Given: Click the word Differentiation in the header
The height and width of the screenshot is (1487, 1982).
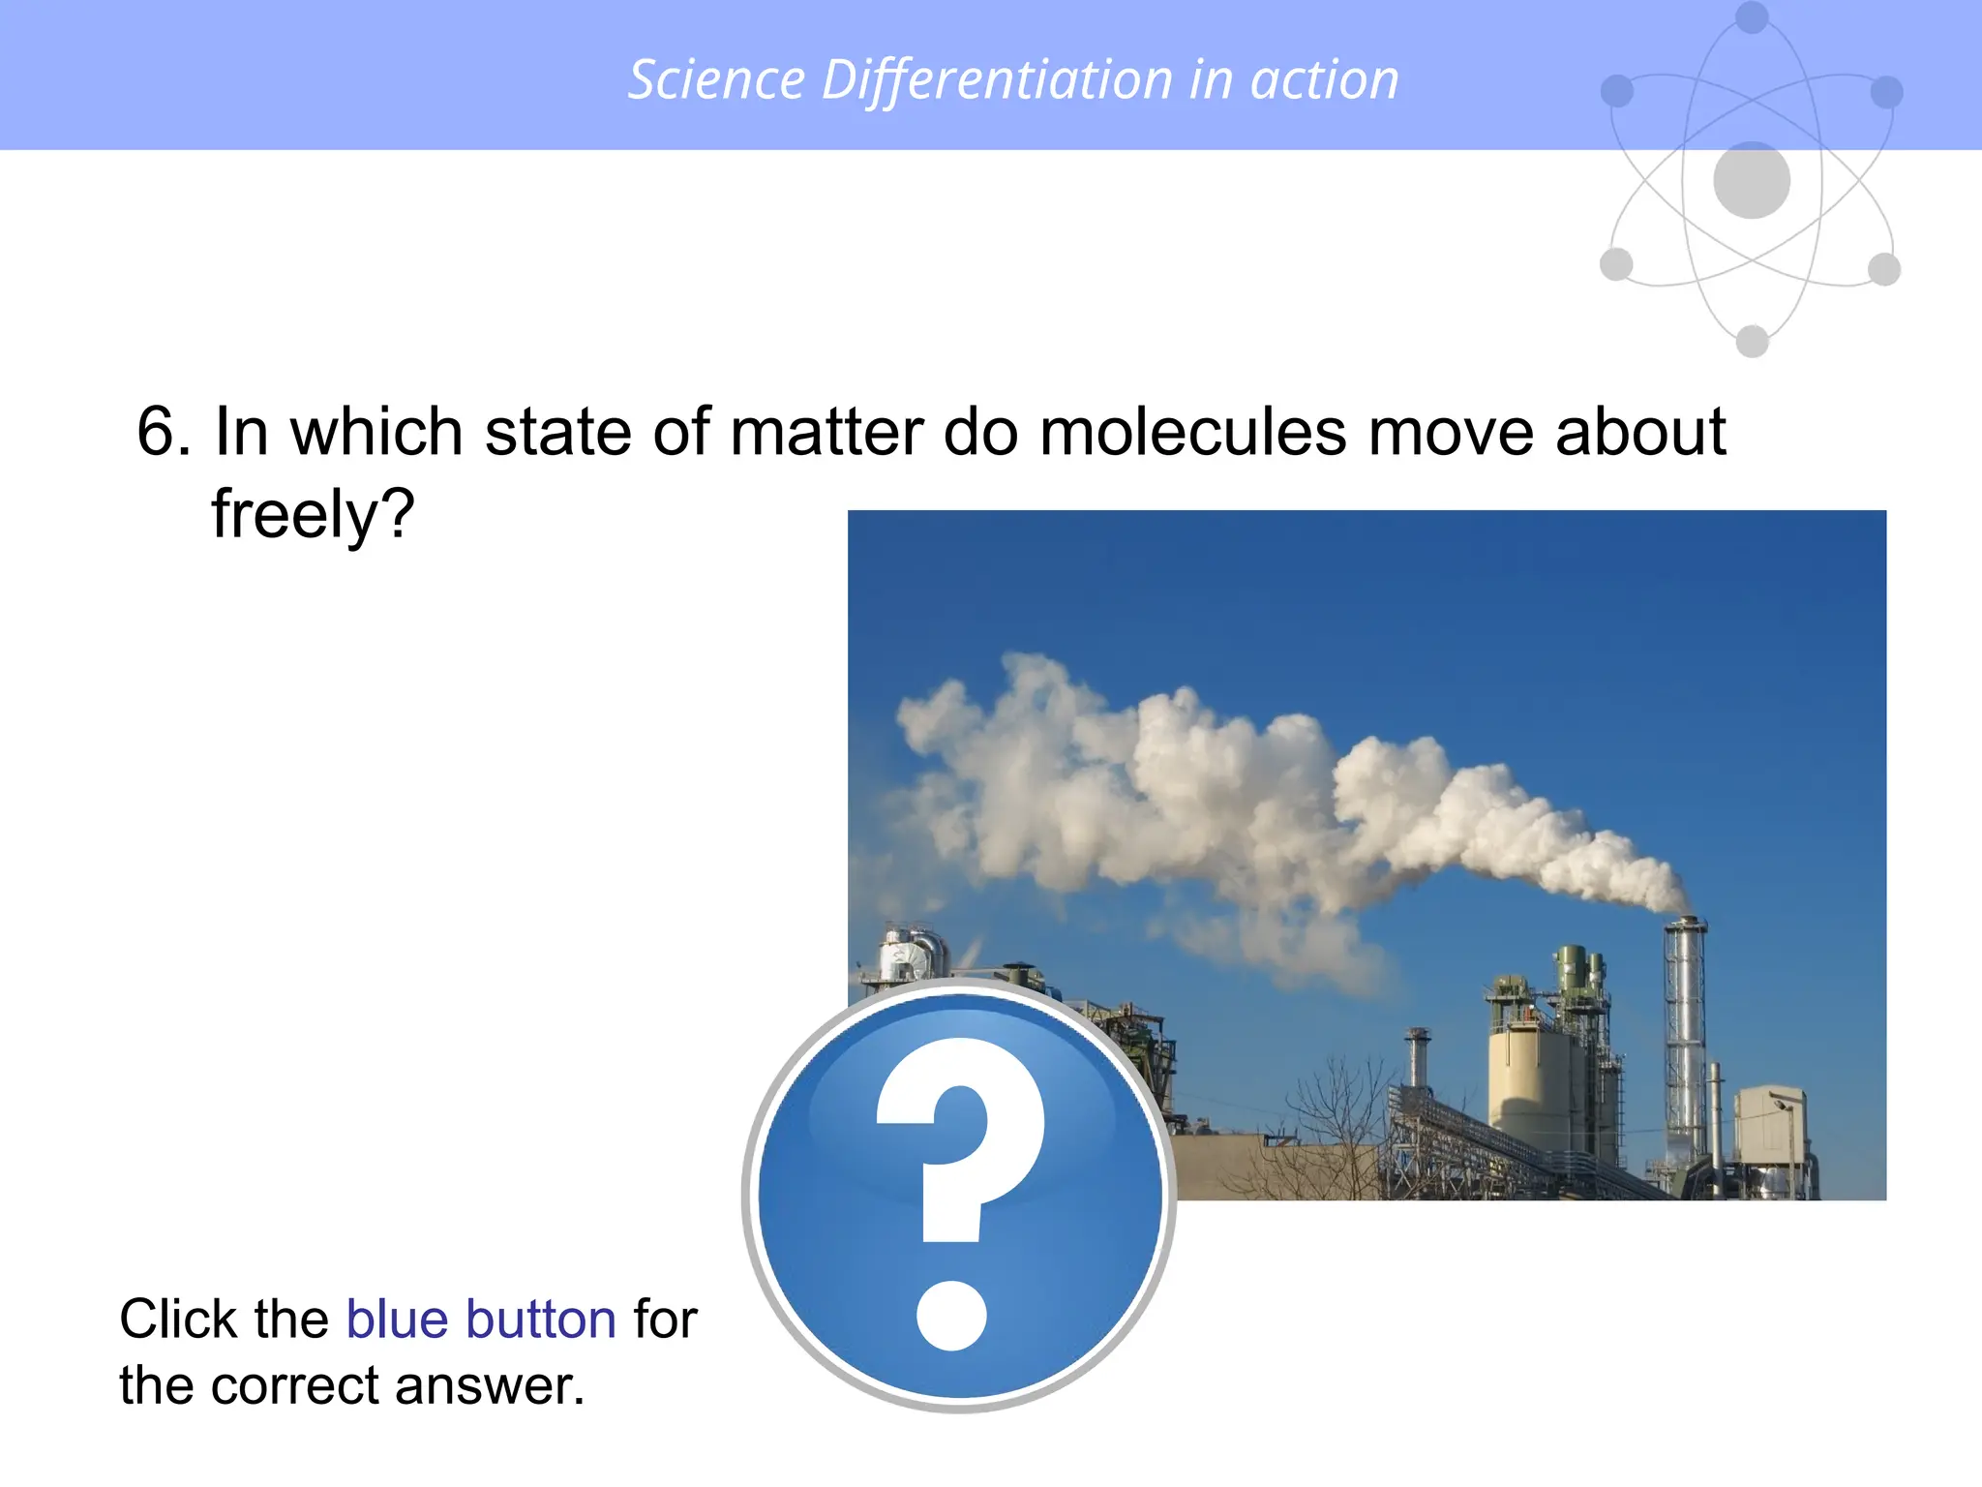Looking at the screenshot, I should pos(997,79).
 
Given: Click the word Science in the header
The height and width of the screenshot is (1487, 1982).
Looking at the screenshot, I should pos(716,79).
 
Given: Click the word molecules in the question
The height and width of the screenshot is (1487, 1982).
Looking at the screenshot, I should pos(1192,432).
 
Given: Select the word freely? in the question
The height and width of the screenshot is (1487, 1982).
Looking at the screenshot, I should pos(313,514).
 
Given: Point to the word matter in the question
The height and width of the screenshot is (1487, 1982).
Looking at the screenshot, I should pos(825,432).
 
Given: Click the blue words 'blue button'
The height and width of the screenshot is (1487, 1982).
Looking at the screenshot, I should pos(481,1319).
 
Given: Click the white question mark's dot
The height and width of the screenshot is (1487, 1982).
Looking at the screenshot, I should pos(951,1315).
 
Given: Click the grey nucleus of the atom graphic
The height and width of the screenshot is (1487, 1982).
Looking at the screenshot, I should pos(1751,180).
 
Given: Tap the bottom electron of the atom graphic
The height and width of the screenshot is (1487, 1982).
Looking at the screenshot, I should pos(1752,341).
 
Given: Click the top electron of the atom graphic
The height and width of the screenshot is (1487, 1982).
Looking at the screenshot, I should pos(1752,16).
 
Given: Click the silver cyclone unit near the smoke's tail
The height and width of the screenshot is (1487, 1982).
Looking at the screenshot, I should pos(910,954).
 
